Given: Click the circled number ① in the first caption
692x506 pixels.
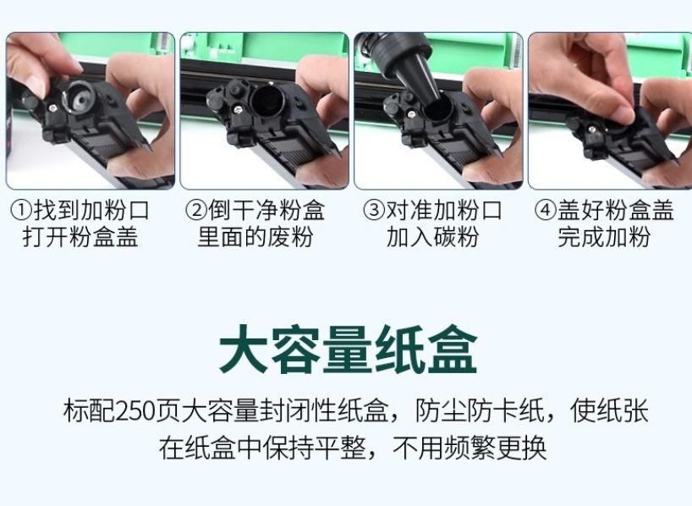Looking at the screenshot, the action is click(x=21, y=210).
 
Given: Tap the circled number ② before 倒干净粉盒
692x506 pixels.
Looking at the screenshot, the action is click(x=196, y=210).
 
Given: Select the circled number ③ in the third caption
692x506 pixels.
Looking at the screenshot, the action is click(x=374, y=210).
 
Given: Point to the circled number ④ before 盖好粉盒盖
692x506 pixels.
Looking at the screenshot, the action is click(x=546, y=210).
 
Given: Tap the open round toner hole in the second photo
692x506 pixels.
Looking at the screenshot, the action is click(x=267, y=103).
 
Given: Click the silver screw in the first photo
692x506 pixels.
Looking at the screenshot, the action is click(x=53, y=107).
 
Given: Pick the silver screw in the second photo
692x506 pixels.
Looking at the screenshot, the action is click(x=238, y=108).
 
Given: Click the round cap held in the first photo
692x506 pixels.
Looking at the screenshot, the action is click(x=79, y=97).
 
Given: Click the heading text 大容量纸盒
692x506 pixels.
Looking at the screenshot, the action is click(x=349, y=349).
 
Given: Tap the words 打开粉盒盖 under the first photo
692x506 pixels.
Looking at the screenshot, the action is click(x=80, y=237).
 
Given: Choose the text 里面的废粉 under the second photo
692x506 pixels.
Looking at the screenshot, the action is click(x=255, y=237).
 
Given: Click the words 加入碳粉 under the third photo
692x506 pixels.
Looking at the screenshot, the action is click(x=432, y=237).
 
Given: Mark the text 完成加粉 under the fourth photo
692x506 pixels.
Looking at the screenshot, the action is click(x=604, y=237).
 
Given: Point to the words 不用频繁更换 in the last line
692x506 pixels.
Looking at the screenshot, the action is click(x=470, y=448).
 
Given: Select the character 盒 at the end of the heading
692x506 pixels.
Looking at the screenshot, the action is click(x=453, y=349).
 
